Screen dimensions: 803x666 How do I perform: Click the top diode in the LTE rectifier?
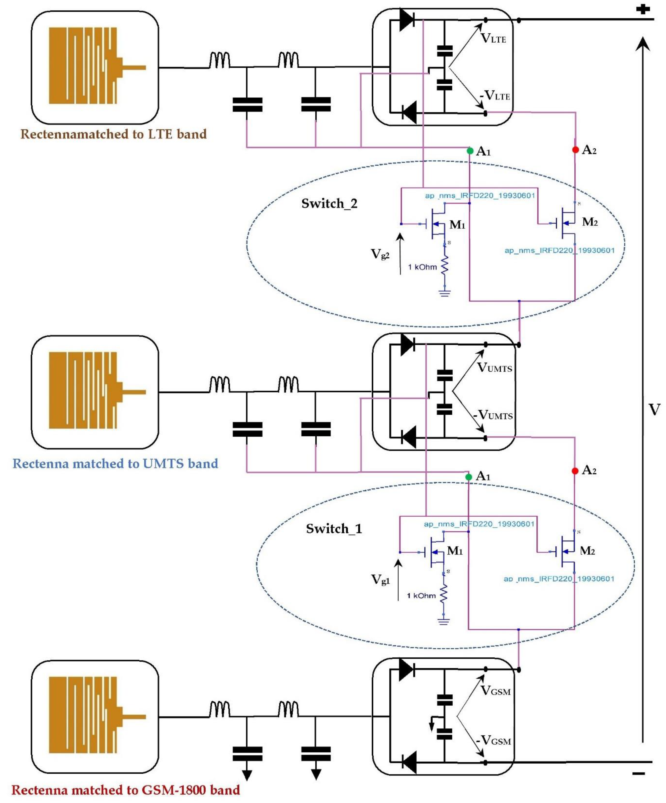point(407,20)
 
